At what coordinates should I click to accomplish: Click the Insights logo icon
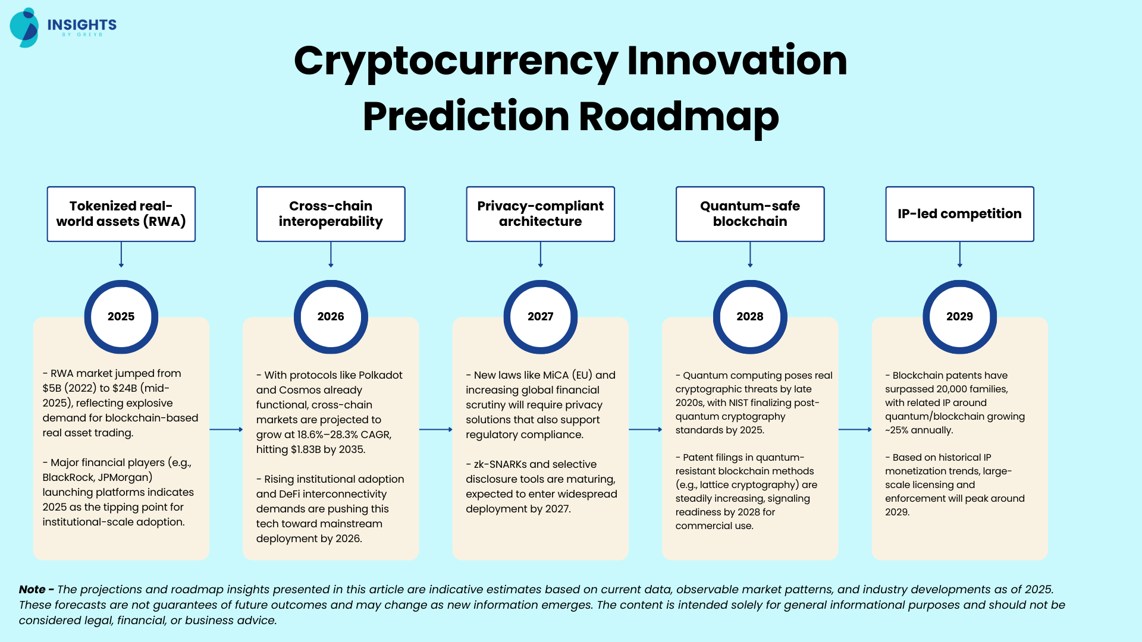pyautogui.click(x=24, y=27)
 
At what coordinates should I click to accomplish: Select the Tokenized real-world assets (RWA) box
pyautogui.click(x=121, y=214)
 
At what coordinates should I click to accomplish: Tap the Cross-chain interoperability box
pyautogui.click(x=331, y=214)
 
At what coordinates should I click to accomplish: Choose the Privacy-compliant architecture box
pyautogui.click(x=541, y=214)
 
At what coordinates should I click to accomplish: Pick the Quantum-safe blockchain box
pyautogui.click(x=750, y=214)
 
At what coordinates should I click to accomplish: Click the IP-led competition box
pyautogui.click(x=960, y=214)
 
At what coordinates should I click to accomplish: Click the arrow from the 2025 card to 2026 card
pyautogui.click(x=226, y=429)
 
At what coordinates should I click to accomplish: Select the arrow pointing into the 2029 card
pyautogui.click(x=855, y=429)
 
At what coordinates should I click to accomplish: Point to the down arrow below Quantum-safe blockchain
pyautogui.click(x=750, y=254)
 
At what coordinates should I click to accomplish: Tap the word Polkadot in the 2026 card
pyautogui.click(x=380, y=375)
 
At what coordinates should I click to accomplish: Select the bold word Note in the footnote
pyautogui.click(x=32, y=589)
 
